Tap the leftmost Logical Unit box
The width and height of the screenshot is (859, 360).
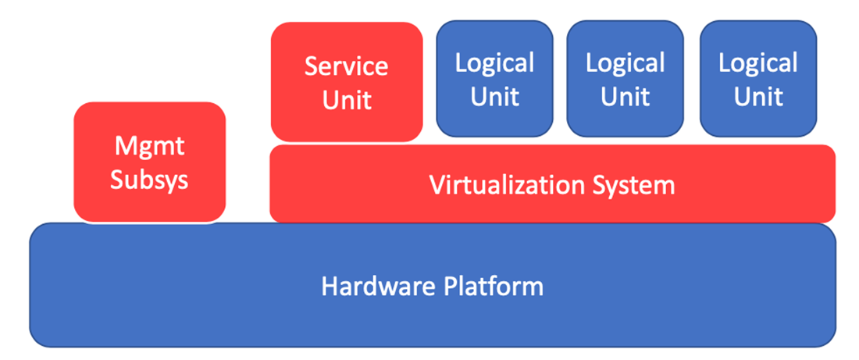tap(494, 78)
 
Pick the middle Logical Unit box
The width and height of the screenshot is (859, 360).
tap(625, 78)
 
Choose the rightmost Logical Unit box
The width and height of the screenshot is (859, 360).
tap(758, 78)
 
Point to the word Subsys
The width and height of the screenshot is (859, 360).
tap(149, 180)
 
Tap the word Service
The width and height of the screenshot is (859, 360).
tap(346, 66)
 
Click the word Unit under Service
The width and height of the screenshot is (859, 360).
tap(347, 99)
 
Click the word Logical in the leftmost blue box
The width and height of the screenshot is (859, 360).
tap(494, 62)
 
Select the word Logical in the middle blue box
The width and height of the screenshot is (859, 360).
tap(625, 62)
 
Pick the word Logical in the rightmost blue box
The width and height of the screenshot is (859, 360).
tap(758, 62)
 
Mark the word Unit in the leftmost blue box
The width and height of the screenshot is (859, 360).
tap(494, 96)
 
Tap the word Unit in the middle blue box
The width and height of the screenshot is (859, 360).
tap(625, 96)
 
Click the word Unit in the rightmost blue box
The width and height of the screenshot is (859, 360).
tap(758, 96)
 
